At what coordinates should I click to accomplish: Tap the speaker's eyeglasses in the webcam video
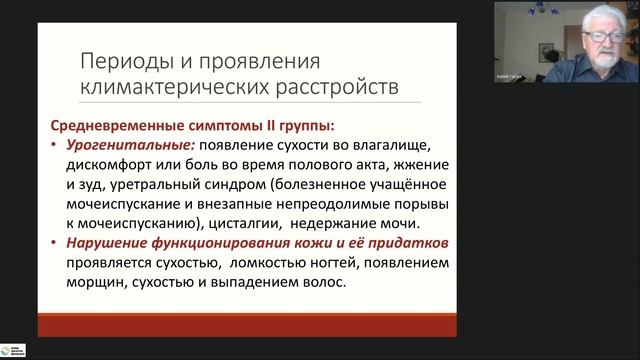point(601,35)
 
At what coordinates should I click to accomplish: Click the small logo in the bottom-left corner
point(14,349)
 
